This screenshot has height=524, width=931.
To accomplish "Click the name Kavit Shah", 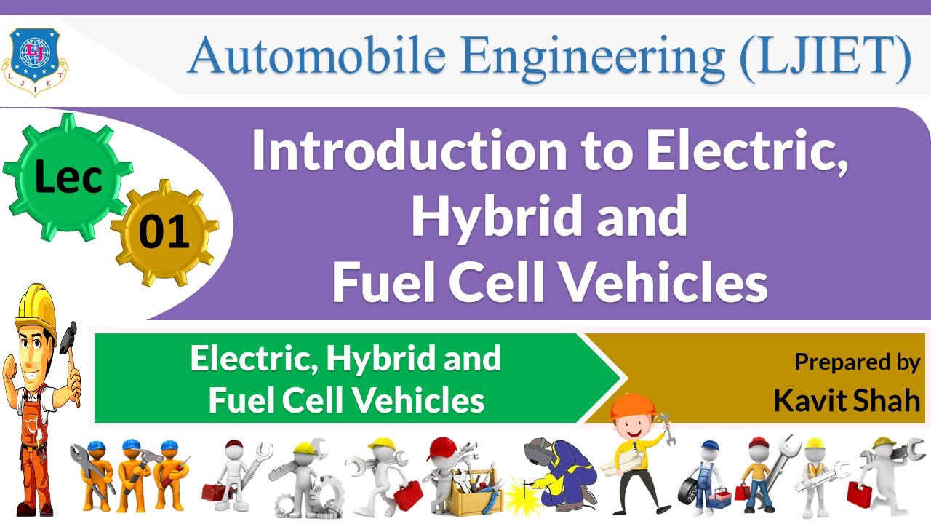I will (847, 400).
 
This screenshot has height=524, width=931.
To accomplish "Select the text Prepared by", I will (857, 362).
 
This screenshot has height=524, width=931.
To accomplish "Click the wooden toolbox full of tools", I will (472, 496).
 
